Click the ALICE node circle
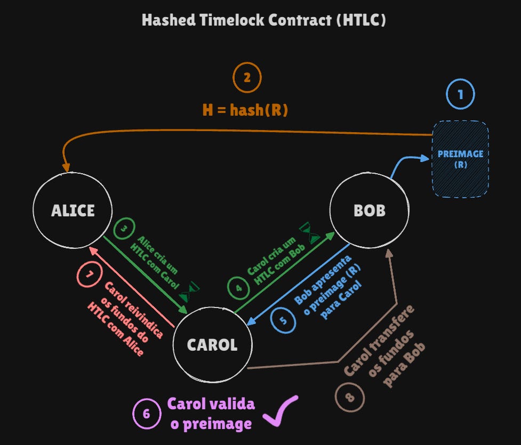(73, 211)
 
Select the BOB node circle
(370, 211)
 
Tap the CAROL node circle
(212, 345)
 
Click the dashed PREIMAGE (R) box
(460, 159)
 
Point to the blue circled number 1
(460, 94)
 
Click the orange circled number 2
(247, 78)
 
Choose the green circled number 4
(238, 288)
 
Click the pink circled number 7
(90, 275)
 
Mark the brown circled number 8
(350, 397)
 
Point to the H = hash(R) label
(245, 110)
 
